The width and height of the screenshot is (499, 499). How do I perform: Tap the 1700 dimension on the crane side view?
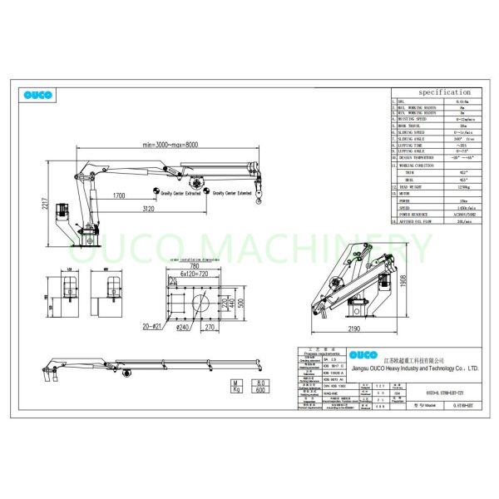pyautogui.click(x=118, y=196)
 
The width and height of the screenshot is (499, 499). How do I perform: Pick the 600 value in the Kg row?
pyautogui.click(x=236, y=389)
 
